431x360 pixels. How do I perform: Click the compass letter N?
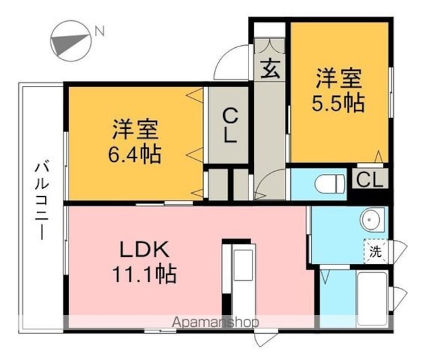[x=100, y=31]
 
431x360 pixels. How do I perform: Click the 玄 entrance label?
[x=270, y=69]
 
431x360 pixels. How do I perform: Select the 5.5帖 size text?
[x=338, y=103]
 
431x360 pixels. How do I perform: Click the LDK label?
[x=143, y=249]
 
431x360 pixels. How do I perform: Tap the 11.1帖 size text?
[x=144, y=274]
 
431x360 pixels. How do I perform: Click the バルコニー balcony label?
[x=42, y=201]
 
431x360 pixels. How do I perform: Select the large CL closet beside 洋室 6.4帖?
[x=229, y=125]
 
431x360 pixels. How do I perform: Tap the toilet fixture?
[x=330, y=183]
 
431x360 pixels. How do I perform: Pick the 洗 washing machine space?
[x=376, y=251]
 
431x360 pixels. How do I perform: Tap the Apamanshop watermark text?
[x=215, y=322]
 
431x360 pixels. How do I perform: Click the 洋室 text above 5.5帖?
[x=339, y=79]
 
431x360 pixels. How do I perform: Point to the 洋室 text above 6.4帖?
[x=135, y=129]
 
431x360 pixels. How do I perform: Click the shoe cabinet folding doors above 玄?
[x=269, y=46]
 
